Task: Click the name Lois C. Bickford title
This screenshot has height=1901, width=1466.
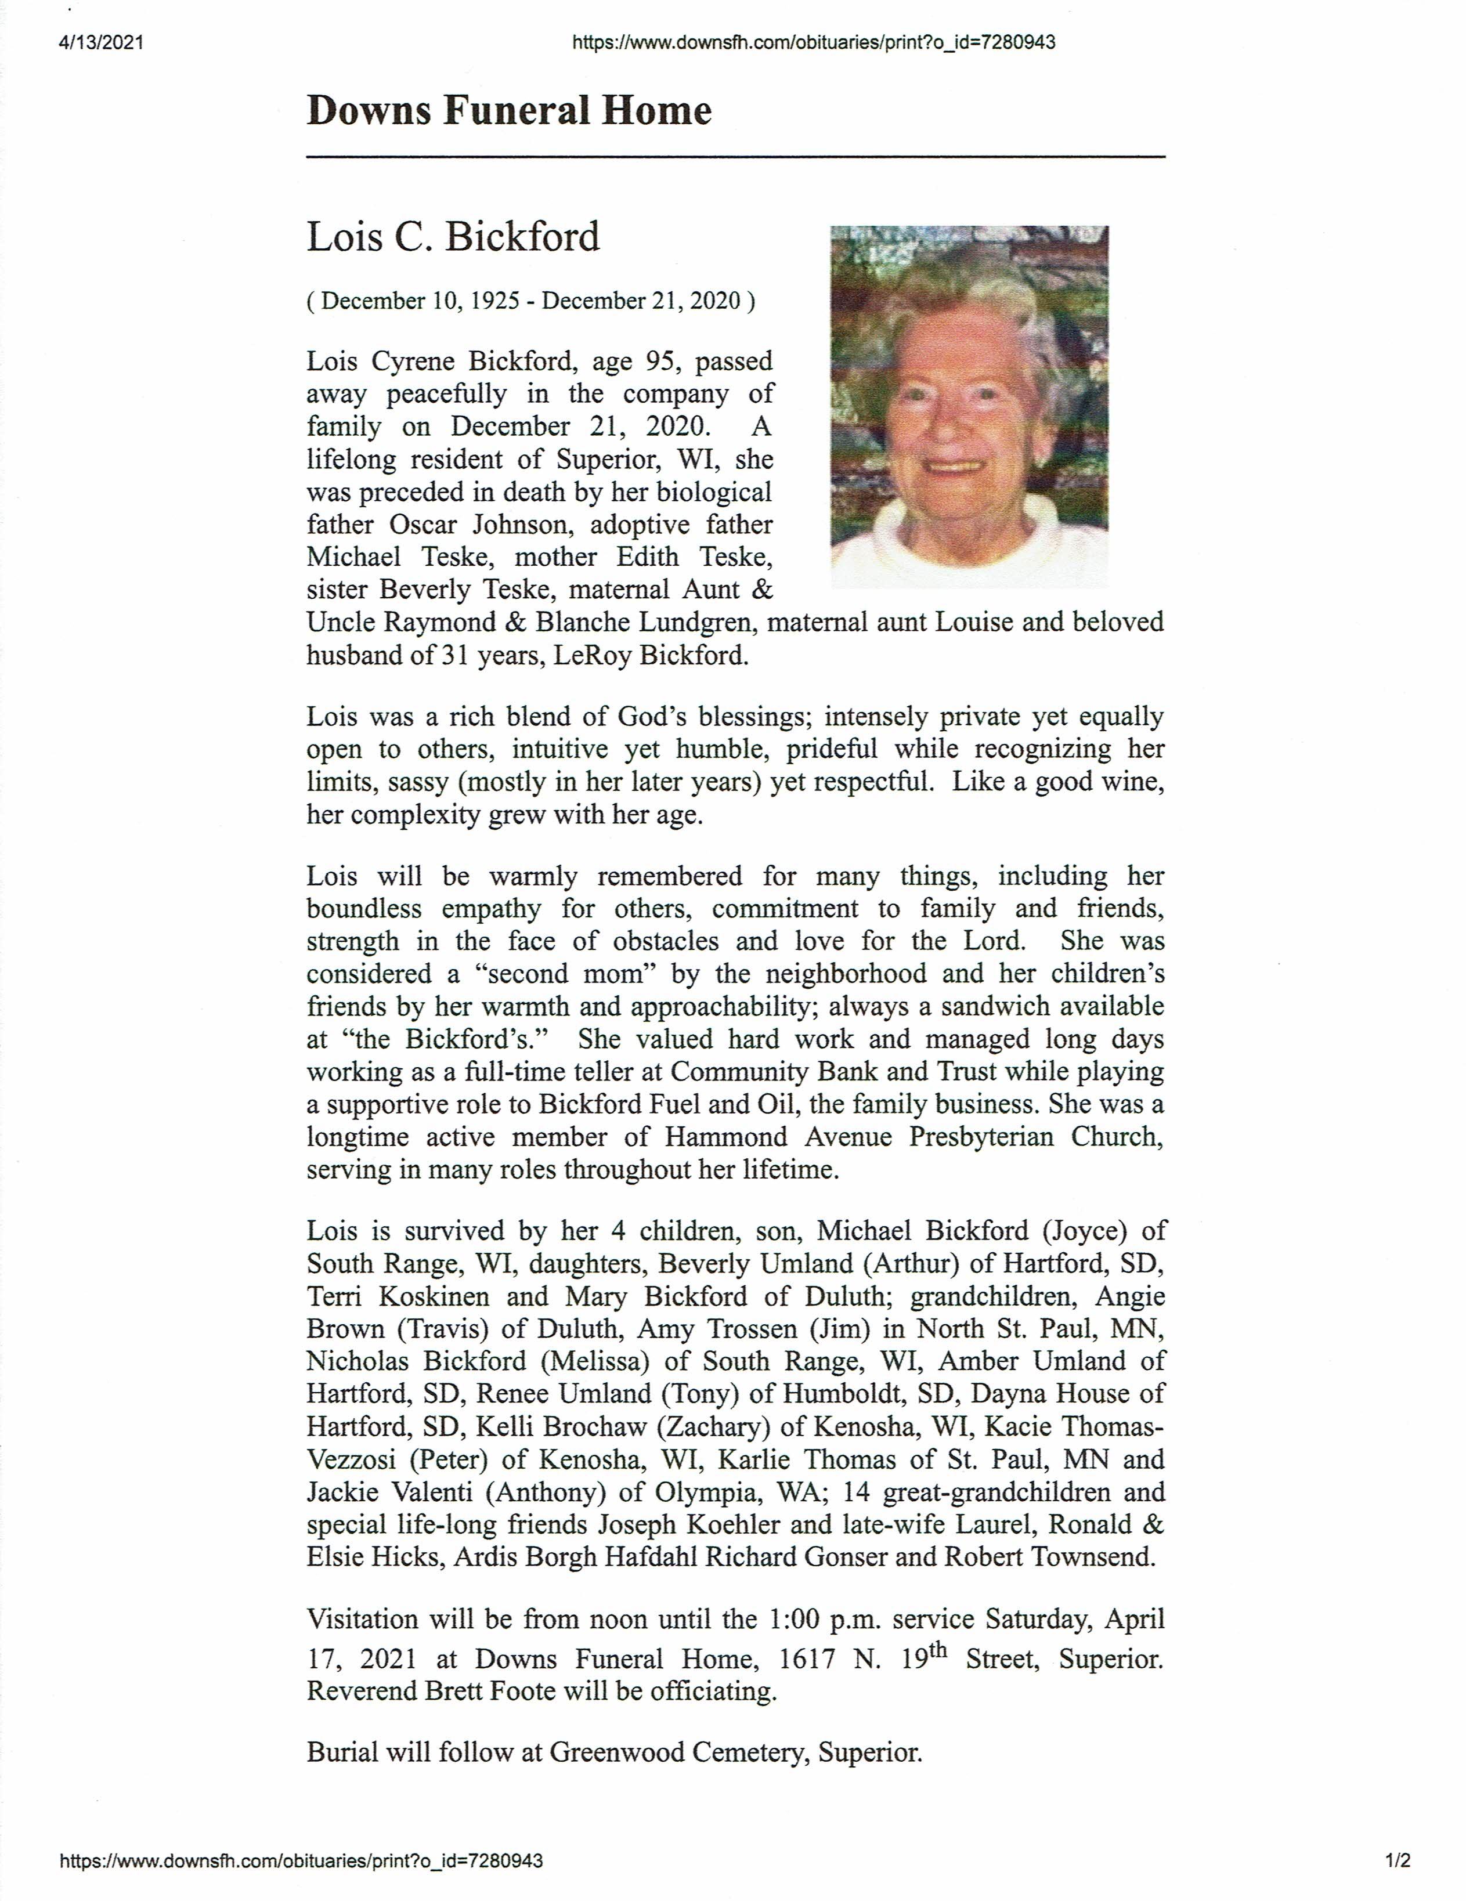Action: (453, 237)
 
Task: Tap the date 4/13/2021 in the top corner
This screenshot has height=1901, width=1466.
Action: (101, 43)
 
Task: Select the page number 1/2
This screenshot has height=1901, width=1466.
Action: (1398, 1861)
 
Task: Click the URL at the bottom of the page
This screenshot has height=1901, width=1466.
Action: (301, 1861)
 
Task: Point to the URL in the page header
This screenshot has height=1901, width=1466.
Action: (814, 43)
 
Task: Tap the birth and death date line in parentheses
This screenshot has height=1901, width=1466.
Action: (531, 301)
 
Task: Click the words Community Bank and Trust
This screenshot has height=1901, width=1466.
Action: (836, 1071)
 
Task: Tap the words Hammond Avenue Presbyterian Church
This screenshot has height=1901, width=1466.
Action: (914, 1137)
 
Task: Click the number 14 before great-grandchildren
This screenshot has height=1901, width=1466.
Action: (857, 1492)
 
